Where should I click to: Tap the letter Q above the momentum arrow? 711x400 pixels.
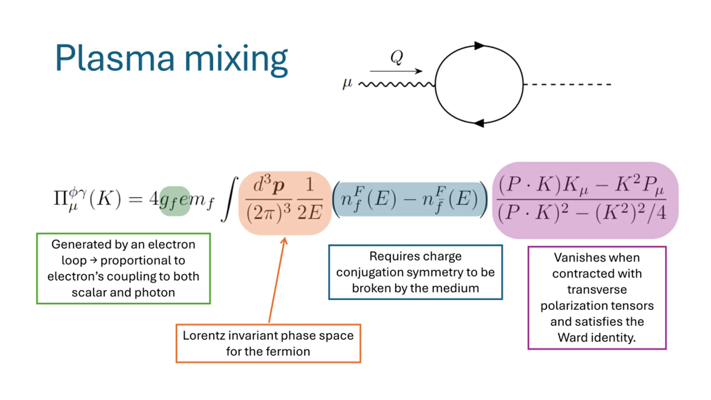(396, 57)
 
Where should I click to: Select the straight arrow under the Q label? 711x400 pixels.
(396, 71)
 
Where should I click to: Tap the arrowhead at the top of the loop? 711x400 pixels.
(479, 46)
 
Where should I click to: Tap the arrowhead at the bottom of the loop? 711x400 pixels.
(479, 123)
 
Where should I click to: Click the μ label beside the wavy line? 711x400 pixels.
(347, 83)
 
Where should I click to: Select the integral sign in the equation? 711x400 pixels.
(229, 199)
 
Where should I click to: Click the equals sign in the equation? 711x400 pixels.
(135, 199)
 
